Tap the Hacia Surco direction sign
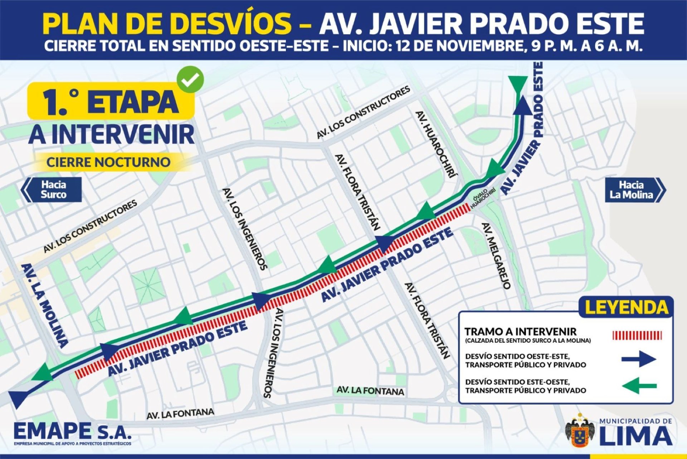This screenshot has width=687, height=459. point(52,189)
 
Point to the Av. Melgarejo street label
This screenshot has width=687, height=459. point(496,256)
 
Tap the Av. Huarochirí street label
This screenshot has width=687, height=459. point(436,145)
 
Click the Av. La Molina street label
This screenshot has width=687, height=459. point(44,306)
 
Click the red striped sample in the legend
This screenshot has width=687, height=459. point(637,335)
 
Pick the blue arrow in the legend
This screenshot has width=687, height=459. point(639,359)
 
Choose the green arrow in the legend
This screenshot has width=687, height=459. point(639,386)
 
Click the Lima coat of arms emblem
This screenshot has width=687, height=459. point(580,430)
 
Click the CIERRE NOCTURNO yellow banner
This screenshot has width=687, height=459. point(108,162)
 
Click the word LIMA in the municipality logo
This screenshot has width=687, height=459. point(635,436)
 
